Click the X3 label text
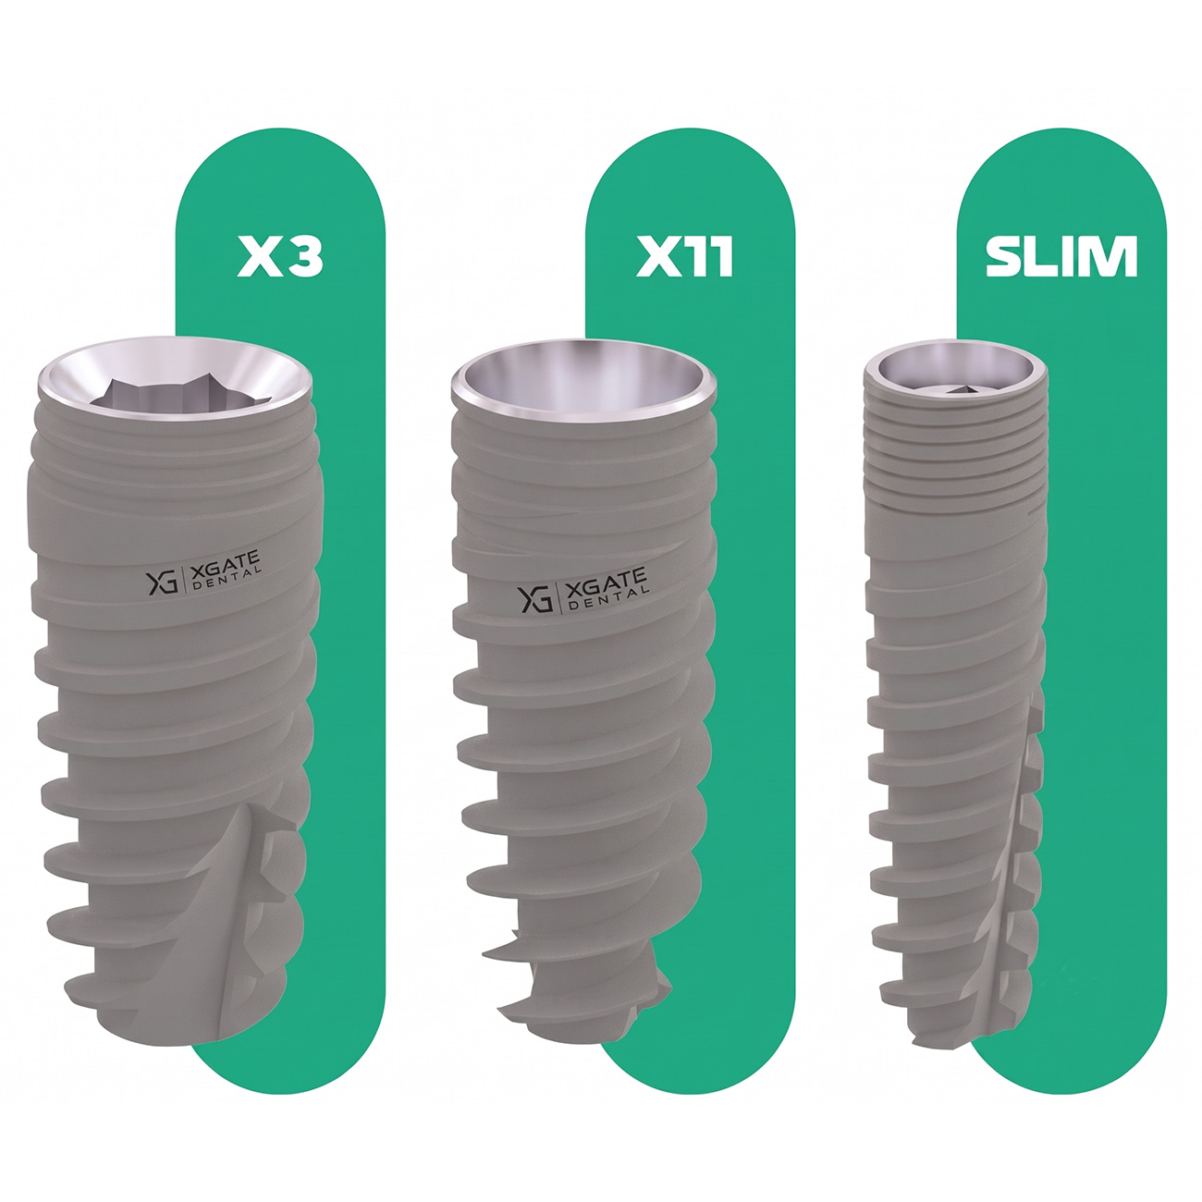click(x=279, y=257)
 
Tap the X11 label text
click(x=683, y=257)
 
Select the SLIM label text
click(x=1061, y=257)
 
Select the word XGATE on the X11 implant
click(x=606, y=583)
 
